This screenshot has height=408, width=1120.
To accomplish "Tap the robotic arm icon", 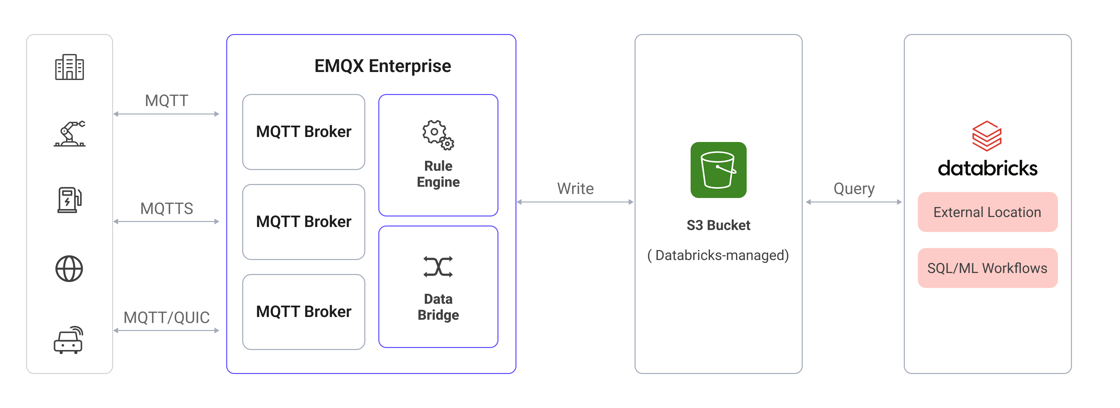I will coord(70,134).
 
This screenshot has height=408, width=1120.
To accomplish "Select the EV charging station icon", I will coord(70,200).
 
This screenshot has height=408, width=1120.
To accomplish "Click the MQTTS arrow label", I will coord(166,209).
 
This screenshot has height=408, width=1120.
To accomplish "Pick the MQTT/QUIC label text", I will coord(166,318).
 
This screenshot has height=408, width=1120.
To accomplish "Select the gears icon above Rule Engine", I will coord(438,135).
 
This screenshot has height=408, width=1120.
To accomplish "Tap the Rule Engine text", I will coord(438,174).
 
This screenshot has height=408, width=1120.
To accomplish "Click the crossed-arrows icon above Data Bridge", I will coord(438,266).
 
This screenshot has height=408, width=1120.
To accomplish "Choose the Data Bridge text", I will coord(438,307).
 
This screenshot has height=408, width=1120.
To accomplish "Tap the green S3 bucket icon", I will coord(718,170).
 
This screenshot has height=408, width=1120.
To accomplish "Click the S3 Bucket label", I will coord(718,225).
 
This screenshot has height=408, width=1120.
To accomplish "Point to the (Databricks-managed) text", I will coord(718,255).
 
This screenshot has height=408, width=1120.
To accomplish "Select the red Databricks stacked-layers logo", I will coord(987,136).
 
